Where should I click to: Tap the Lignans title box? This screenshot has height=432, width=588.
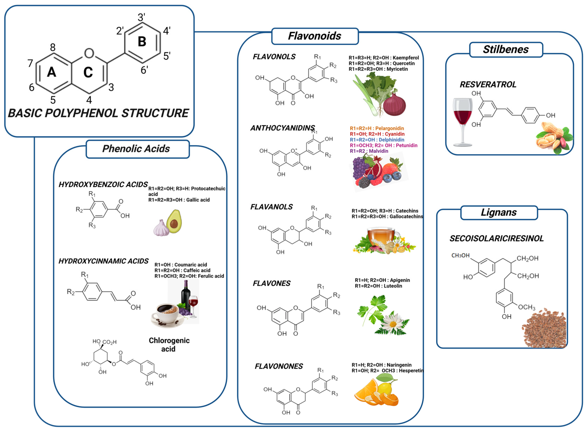pos(499,212)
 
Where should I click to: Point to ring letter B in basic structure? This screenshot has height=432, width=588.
pos(142,42)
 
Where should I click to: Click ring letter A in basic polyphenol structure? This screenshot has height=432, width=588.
pos(52,72)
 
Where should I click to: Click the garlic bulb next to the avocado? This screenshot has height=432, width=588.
pos(161,228)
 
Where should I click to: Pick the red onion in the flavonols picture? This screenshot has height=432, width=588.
pos(394,104)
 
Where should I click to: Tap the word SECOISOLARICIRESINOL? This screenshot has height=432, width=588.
pos(496,238)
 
